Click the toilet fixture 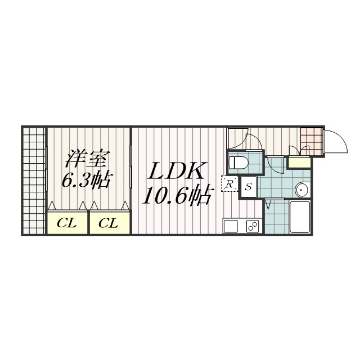point(238,163)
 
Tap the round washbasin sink point(303,190)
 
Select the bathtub point(300,217)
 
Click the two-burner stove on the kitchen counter point(253,226)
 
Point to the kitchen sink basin point(231,226)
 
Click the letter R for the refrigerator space point(229,184)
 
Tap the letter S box point(249,187)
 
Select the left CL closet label point(67,223)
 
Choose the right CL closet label point(109,223)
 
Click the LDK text point(176,171)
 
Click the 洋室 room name point(85,159)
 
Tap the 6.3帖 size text point(87,179)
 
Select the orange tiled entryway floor point(312,141)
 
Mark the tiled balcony point(34,181)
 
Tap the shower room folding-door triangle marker point(268,204)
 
